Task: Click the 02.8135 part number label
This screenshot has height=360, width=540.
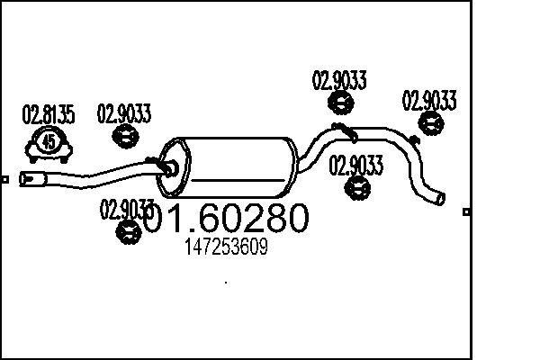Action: click(x=49, y=114)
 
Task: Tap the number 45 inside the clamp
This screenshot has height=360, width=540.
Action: click(x=49, y=141)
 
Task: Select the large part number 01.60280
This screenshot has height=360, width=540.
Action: click(x=226, y=218)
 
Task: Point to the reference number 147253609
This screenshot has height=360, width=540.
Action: click(x=226, y=247)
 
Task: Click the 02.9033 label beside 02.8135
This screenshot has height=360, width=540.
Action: click(x=124, y=113)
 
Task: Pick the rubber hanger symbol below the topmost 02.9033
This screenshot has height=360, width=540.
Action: click(x=340, y=103)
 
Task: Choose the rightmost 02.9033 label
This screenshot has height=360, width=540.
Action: click(x=429, y=100)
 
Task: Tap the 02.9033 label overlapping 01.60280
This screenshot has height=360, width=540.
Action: click(x=126, y=210)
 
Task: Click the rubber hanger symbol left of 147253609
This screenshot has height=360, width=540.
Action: click(x=129, y=232)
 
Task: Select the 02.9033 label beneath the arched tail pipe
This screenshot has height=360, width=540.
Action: click(x=355, y=165)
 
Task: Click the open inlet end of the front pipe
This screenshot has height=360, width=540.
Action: click(x=24, y=179)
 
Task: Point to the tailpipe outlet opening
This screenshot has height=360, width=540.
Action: click(x=440, y=198)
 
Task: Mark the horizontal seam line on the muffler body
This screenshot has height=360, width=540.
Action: click(x=238, y=180)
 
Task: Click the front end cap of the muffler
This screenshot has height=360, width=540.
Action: click(x=173, y=168)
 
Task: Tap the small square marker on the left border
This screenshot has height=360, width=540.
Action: click(x=4, y=179)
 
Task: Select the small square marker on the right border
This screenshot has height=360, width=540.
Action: click(x=466, y=211)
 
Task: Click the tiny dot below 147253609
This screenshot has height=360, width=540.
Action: click(x=226, y=283)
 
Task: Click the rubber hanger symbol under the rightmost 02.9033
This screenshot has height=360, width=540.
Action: click(x=431, y=123)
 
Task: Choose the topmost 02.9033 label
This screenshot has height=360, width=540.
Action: click(x=339, y=80)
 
